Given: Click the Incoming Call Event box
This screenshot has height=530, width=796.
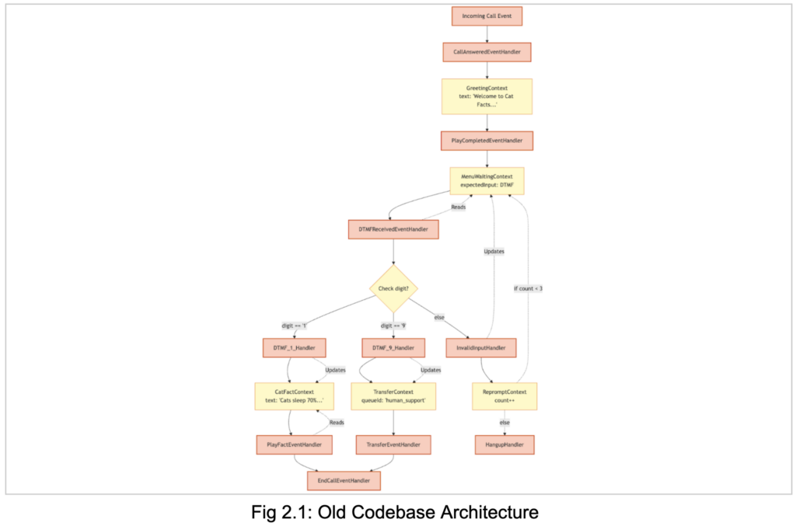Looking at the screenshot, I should [487, 16].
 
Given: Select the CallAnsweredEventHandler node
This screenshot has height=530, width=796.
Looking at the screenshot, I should [487, 53].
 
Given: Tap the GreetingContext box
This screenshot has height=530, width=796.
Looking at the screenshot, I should [487, 96].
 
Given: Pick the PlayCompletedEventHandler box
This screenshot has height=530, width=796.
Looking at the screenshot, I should [487, 141].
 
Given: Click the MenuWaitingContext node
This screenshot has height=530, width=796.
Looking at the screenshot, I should [487, 181].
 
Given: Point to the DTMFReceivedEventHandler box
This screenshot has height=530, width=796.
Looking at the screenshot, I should [393, 229].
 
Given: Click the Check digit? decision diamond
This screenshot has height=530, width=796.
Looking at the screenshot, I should [393, 289].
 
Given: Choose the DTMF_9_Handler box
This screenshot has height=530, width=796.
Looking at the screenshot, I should [393, 347].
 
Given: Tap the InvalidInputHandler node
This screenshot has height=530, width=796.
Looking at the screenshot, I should [481, 347].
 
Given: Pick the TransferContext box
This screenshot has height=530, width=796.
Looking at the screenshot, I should [393, 396].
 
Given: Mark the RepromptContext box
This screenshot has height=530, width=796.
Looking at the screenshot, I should [504, 396].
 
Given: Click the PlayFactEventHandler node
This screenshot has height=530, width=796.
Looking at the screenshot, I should [295, 445].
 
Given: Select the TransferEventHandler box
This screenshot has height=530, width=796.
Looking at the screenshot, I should [393, 445].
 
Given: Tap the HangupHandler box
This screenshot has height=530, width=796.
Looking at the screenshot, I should [504, 445].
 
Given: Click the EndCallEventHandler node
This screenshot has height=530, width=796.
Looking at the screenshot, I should [344, 481].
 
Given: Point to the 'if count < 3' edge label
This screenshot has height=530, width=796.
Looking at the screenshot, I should [528, 288].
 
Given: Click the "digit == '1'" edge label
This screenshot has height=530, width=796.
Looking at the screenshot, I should [295, 326].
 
